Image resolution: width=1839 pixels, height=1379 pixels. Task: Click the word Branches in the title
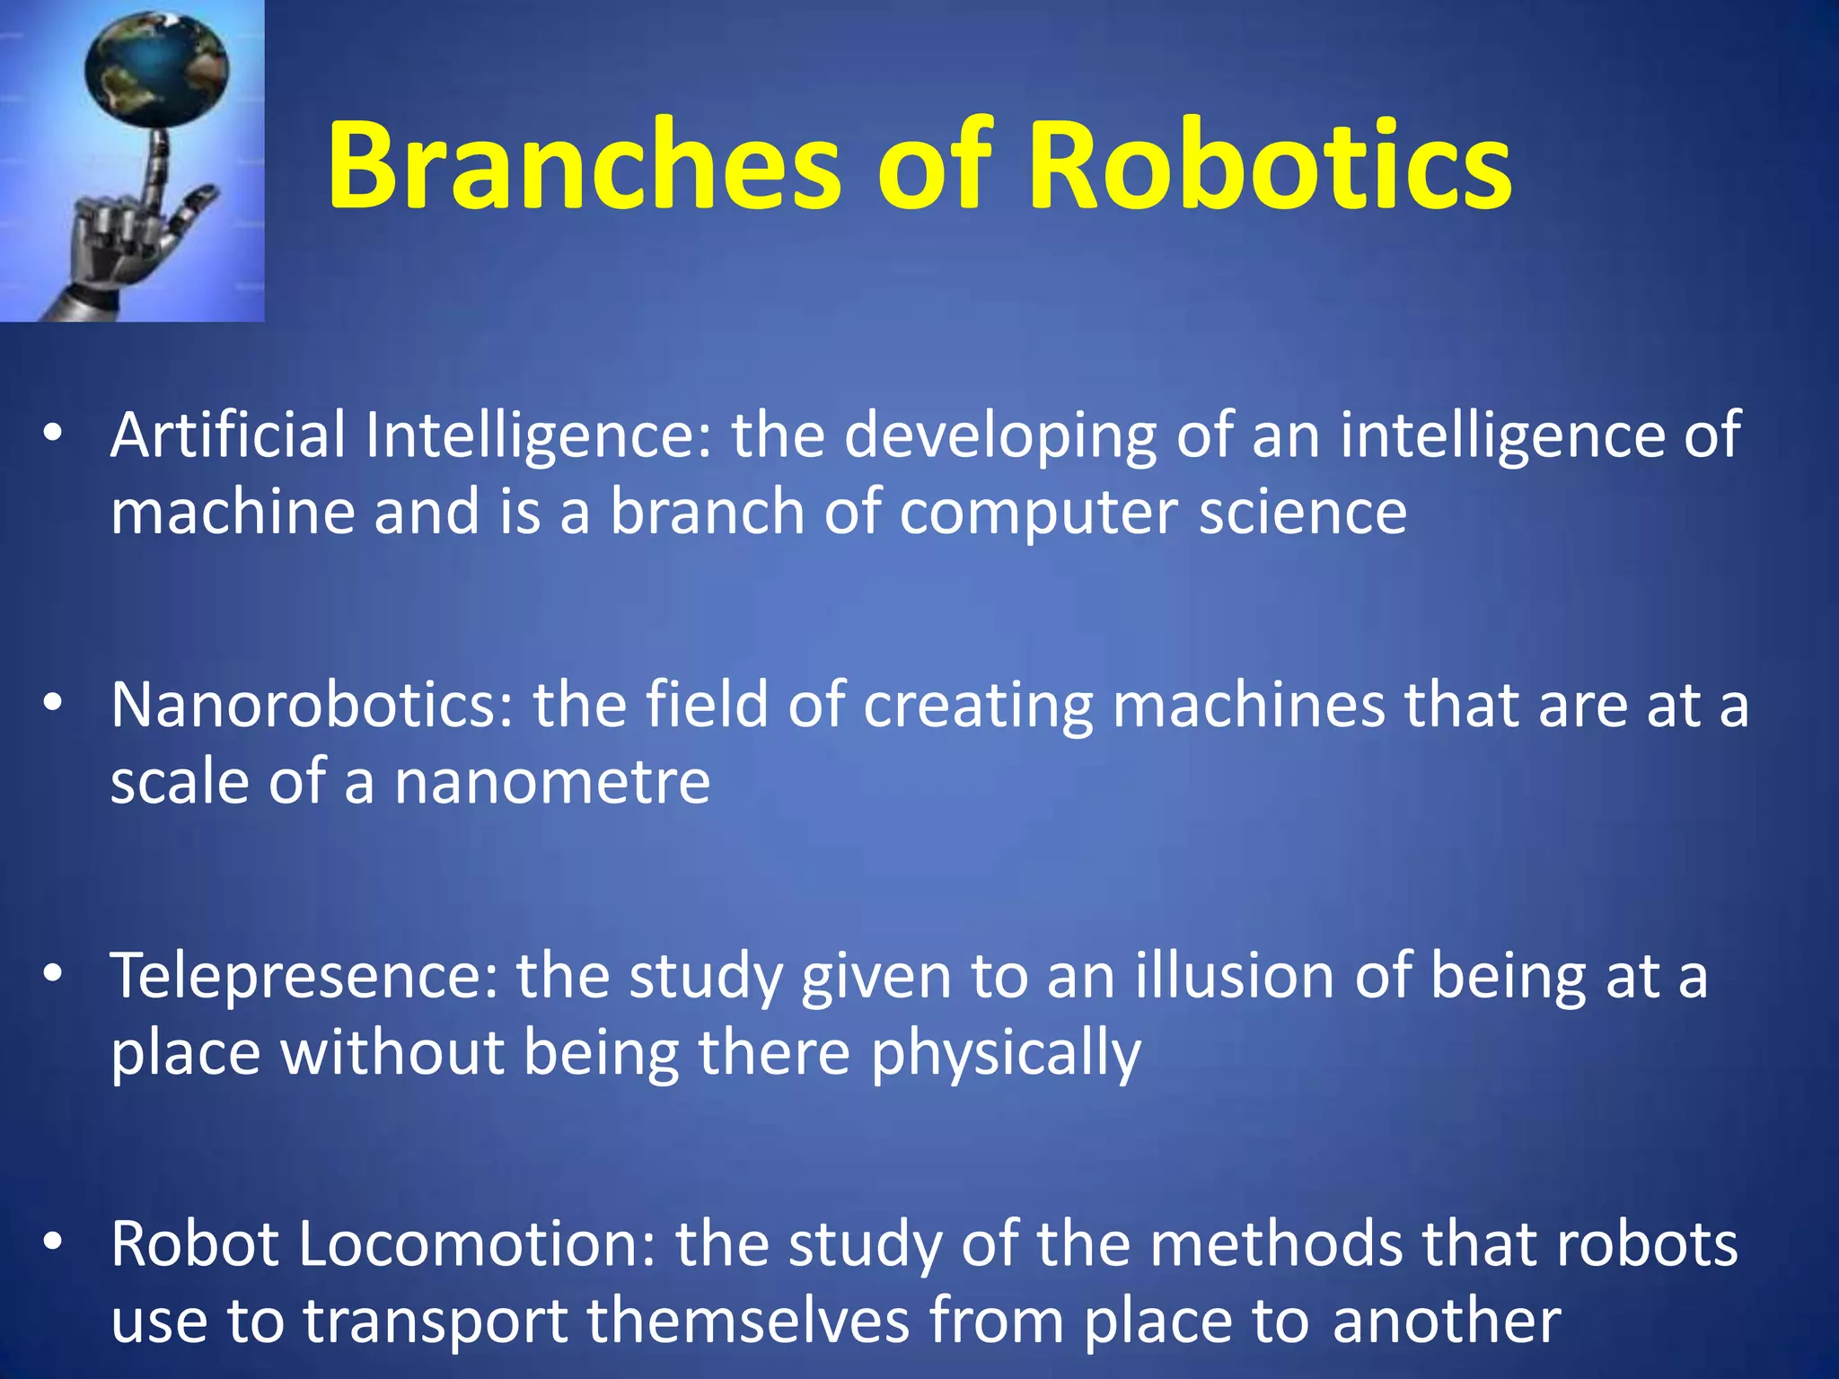[x=584, y=166]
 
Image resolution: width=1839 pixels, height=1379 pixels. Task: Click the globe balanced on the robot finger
[x=157, y=67]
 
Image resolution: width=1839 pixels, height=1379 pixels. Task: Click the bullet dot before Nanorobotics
[x=54, y=705]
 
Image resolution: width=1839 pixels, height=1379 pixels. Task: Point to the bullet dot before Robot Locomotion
[x=54, y=1243]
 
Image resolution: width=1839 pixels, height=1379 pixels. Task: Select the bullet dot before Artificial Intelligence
[x=54, y=434]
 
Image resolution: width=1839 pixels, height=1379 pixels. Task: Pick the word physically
[x=1005, y=1053]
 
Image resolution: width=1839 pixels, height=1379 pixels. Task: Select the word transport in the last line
[x=435, y=1322]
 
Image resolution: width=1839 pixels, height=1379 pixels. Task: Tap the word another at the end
[x=1446, y=1322]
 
